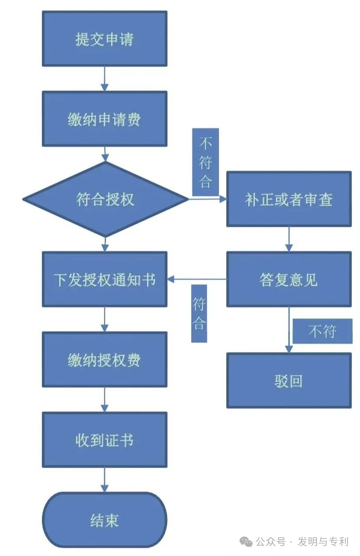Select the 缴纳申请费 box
(x=104, y=119)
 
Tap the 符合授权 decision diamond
(x=105, y=199)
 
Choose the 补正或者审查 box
(x=289, y=199)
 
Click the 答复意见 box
(x=289, y=280)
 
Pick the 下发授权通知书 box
(x=104, y=280)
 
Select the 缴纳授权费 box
(x=104, y=360)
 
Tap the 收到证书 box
(x=104, y=440)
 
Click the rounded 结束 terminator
(x=104, y=520)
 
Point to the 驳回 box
(x=289, y=380)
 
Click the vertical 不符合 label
(x=205, y=162)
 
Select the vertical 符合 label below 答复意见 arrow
(x=199, y=313)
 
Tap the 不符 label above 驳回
(x=322, y=331)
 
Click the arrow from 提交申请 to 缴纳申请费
(x=105, y=79)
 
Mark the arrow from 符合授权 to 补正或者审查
(x=207, y=199)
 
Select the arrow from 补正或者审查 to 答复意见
(x=289, y=239)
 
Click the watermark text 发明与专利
(x=323, y=541)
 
